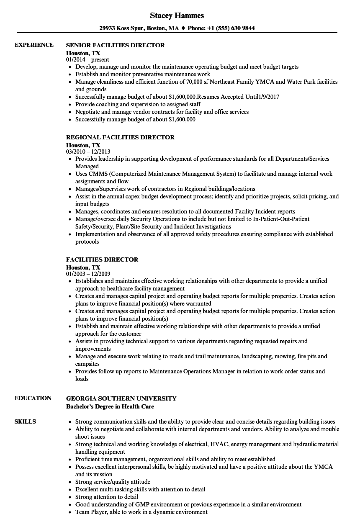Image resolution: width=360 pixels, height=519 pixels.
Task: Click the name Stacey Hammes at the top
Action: pyautogui.click(x=177, y=15)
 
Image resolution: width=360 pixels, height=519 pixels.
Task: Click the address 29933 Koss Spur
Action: pyautogui.click(x=120, y=28)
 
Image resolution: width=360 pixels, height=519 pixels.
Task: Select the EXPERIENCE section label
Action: pyautogui.click(x=34, y=45)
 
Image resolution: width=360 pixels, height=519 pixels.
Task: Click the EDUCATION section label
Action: pyautogui.click(x=33, y=398)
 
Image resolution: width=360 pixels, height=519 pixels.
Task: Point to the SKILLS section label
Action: pyautogui.click(x=25, y=421)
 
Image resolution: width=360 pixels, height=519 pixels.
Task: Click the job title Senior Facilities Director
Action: pyautogui.click(x=116, y=45)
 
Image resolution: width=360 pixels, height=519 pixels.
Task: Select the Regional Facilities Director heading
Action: pyautogui.click(x=121, y=137)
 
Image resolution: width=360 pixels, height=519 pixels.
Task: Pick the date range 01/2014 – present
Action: pyautogui.click(x=87, y=60)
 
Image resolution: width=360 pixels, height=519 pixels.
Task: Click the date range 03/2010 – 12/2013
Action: pyautogui.click(x=88, y=152)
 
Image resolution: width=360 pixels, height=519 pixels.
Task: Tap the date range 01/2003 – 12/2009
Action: pyautogui.click(x=88, y=274)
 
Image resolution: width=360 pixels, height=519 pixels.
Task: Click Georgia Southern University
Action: pyautogui.click(x=121, y=398)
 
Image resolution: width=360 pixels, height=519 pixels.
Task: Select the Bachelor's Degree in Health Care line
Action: pyautogui.click(x=110, y=406)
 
